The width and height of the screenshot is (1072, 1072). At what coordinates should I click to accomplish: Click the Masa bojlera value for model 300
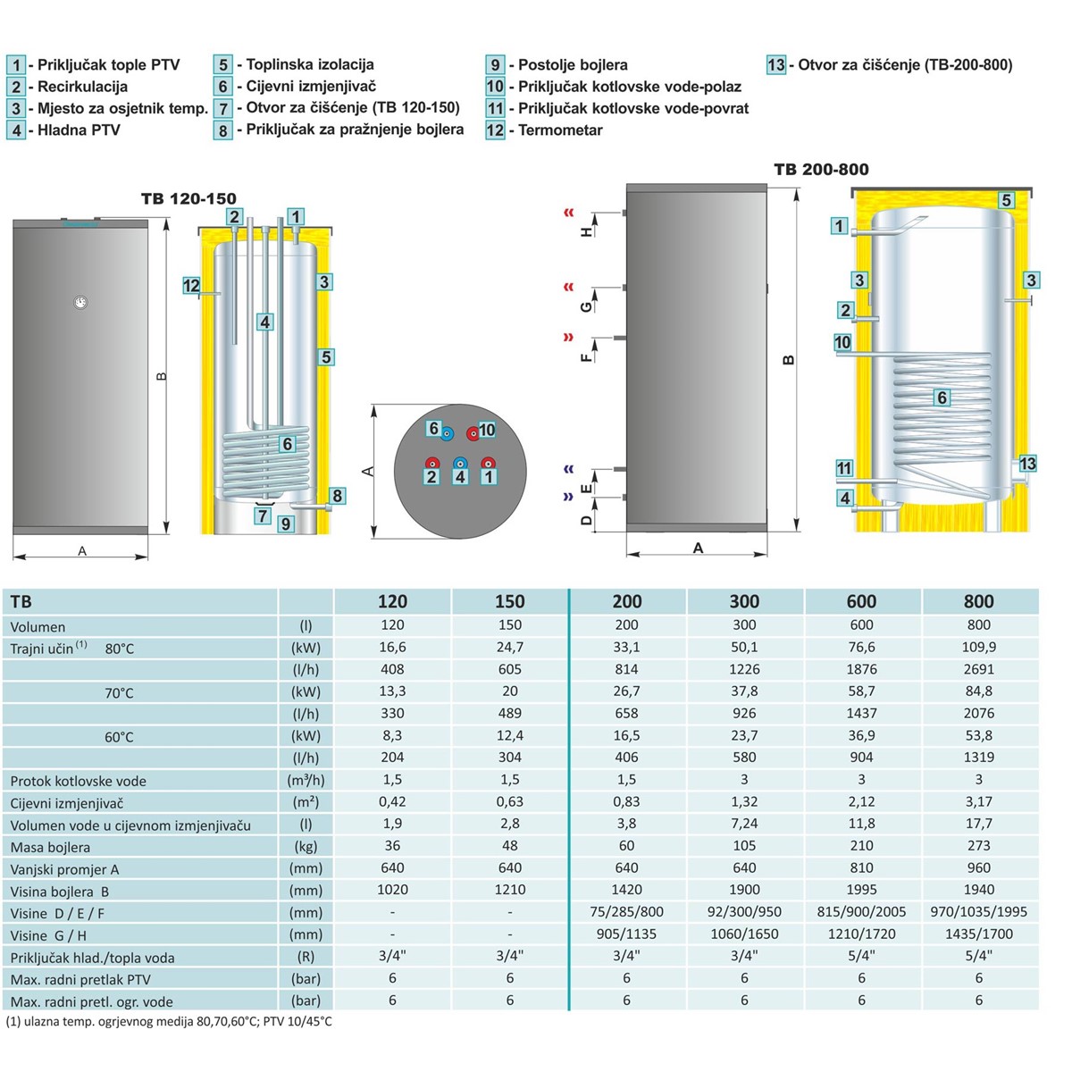click(744, 846)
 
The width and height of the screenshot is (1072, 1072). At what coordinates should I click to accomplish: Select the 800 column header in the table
click(978, 601)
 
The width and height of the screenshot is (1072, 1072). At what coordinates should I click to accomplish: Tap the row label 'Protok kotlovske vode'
click(78, 781)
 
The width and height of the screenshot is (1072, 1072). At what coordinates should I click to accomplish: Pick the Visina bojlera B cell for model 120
click(392, 890)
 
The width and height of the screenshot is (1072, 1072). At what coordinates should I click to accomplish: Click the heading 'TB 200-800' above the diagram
click(821, 169)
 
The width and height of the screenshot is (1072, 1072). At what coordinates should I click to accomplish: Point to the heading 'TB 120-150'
click(188, 198)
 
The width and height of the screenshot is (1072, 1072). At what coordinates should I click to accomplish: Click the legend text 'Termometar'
click(560, 130)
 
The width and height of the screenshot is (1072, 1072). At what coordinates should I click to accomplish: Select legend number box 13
click(776, 65)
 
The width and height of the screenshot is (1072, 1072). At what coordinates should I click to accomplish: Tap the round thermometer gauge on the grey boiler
click(81, 303)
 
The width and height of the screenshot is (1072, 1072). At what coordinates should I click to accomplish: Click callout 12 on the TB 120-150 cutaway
click(191, 286)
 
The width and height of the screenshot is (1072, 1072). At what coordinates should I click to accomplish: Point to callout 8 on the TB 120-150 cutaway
click(337, 496)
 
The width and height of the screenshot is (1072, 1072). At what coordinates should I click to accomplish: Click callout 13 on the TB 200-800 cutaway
click(1027, 464)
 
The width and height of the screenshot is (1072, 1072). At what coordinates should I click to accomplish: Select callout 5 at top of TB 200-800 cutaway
click(1006, 200)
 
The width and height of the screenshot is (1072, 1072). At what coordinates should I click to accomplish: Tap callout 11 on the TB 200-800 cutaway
click(844, 468)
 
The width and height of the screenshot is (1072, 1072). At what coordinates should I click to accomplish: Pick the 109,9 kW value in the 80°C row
click(978, 647)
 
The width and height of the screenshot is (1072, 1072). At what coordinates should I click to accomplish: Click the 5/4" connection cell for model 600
click(861, 956)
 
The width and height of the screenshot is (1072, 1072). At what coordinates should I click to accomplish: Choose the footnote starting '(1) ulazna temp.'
click(169, 1021)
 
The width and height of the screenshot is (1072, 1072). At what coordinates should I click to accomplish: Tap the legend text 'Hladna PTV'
click(79, 130)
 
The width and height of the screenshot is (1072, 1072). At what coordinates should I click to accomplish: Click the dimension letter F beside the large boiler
click(586, 356)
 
